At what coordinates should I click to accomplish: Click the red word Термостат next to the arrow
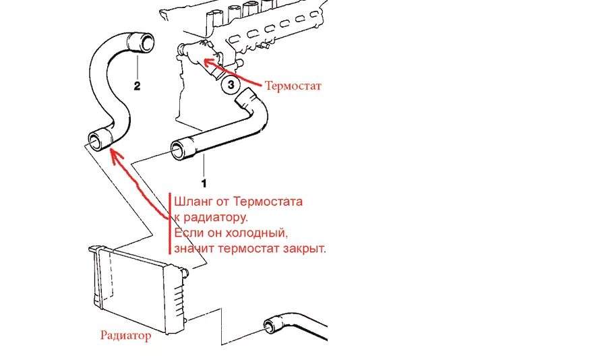point(293,86)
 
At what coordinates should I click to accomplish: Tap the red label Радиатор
point(125,335)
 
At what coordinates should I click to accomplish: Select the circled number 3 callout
point(231,86)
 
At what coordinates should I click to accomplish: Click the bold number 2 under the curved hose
point(138,86)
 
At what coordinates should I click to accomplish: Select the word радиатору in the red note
point(215,217)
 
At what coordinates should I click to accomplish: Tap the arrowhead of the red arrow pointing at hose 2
point(113,155)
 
